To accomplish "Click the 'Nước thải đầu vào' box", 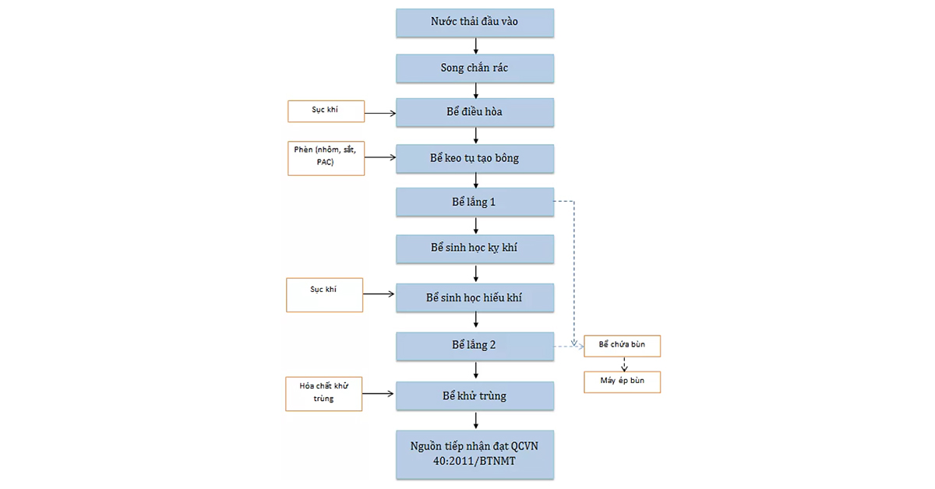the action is [475, 23].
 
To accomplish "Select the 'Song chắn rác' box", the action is [475, 69].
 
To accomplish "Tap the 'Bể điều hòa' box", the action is [475, 113].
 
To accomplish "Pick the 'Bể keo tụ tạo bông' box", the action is [475, 159].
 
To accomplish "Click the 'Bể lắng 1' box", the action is [475, 202].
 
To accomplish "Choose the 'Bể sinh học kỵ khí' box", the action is [475, 249].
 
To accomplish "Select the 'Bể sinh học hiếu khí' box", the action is [475, 298].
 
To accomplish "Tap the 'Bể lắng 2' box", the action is [475, 347].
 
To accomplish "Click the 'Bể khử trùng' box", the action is [475, 396].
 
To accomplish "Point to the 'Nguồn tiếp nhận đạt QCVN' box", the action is [475, 455].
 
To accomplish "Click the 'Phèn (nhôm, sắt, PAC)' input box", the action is [326, 159].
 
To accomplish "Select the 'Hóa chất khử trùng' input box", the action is [324, 394].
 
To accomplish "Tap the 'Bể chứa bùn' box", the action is [622, 346].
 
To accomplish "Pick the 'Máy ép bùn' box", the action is [622, 382].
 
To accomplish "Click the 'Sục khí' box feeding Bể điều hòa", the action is [326, 111].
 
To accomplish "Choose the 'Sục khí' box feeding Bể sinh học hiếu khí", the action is [324, 295].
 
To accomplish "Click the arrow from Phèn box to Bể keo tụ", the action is [380, 157].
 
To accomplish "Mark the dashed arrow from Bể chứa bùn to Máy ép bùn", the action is [624, 364].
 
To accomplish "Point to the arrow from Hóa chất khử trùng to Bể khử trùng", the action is [378, 393].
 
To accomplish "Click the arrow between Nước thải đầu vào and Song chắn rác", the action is [476, 46].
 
